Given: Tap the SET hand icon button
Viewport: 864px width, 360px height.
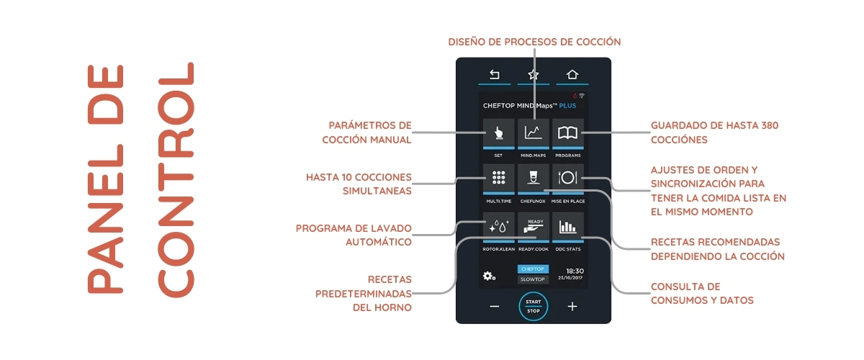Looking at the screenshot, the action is point(499,133).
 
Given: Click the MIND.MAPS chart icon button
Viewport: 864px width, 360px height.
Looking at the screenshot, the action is point(533,133).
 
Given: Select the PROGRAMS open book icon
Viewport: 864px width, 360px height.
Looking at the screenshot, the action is point(567,133).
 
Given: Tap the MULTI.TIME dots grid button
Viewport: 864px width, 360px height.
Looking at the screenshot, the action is point(499,177).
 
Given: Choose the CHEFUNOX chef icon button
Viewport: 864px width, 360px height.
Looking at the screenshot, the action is point(533,177).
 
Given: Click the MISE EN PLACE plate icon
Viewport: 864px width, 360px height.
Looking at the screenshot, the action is point(567,177).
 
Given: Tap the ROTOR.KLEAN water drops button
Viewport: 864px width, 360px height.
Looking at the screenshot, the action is point(499,226).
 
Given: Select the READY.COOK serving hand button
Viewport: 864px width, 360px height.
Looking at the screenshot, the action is point(533,226).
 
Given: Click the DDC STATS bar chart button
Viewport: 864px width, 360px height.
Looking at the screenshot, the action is point(567,226).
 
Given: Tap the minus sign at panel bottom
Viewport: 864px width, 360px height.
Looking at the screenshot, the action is point(495,307).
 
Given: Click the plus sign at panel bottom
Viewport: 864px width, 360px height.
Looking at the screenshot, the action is point(572,307).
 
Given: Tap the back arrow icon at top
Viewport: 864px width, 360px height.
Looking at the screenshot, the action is point(495,74).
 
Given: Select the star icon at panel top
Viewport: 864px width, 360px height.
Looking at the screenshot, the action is point(534,74).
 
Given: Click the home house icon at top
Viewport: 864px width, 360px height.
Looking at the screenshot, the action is point(572,74).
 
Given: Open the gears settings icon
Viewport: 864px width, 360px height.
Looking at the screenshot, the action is point(490,276).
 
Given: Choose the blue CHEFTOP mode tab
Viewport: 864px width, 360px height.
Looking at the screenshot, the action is point(533,269).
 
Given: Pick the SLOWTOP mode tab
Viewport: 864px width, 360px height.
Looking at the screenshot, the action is point(533,279).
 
